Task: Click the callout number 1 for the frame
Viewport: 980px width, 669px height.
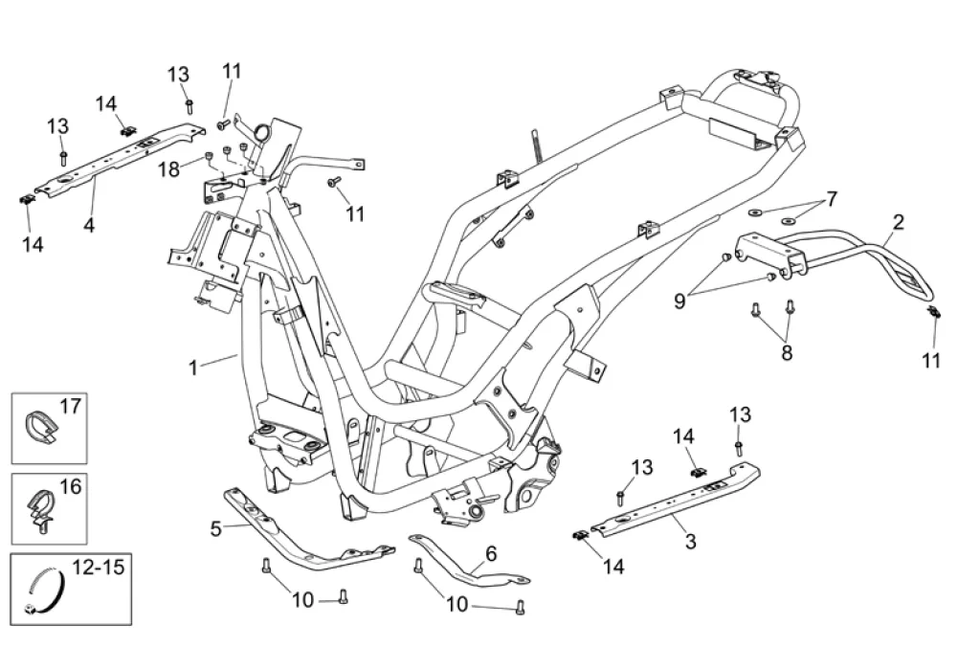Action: (x=193, y=368)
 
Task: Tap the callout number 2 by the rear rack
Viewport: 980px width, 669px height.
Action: (x=898, y=222)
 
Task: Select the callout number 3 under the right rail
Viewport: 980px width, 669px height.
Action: (x=691, y=541)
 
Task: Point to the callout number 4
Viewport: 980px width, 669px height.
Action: (x=89, y=225)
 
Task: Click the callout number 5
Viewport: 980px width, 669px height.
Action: (x=215, y=529)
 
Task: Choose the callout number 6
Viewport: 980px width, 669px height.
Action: (x=491, y=553)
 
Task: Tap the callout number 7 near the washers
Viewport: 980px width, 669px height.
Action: (x=832, y=199)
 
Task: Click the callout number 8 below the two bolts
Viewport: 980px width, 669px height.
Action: (x=787, y=352)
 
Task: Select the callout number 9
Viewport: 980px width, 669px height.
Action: (x=679, y=301)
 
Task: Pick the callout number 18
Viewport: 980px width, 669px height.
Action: (x=168, y=168)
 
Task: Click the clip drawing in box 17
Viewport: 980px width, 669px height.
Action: (x=41, y=426)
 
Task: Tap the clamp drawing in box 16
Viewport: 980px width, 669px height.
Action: (x=40, y=509)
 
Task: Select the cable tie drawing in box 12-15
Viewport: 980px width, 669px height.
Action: (x=46, y=591)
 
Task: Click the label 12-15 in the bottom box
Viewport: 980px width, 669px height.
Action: (x=99, y=568)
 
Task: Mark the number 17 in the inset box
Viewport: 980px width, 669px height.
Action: (x=71, y=407)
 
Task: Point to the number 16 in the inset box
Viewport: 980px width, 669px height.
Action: (x=71, y=486)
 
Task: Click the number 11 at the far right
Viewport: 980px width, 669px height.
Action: (x=931, y=361)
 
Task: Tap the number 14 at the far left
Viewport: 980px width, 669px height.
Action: (x=33, y=244)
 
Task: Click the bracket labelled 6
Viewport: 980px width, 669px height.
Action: (x=469, y=561)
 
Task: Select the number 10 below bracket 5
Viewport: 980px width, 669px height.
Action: (x=303, y=600)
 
